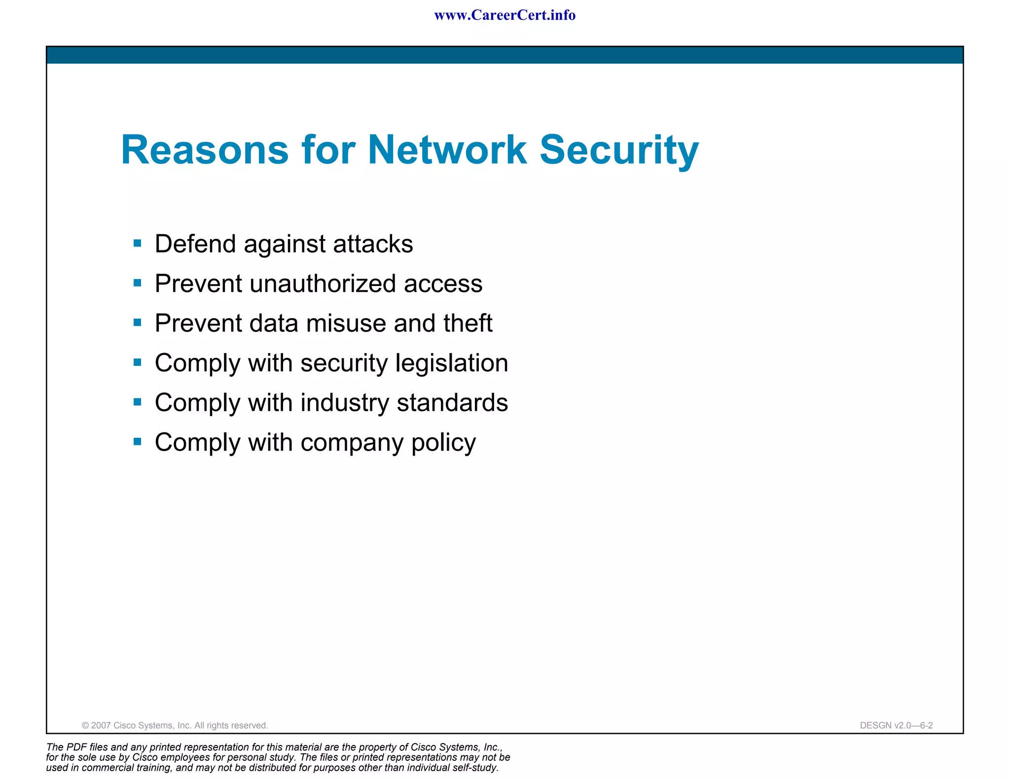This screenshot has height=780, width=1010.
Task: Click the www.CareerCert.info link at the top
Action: pyautogui.click(x=505, y=15)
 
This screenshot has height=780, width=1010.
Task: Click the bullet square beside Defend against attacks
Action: pyautogui.click(x=138, y=243)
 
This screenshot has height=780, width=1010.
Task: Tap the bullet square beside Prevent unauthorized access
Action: pyautogui.click(x=138, y=283)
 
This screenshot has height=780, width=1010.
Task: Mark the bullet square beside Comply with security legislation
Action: pyautogui.click(x=138, y=362)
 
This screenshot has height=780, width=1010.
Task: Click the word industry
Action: pyautogui.click(x=345, y=403)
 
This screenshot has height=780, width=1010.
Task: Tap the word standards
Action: pyautogui.click(x=452, y=403)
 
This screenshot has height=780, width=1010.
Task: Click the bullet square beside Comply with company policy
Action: pyautogui.click(x=138, y=442)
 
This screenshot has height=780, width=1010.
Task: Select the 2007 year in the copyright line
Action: pyautogui.click(x=101, y=725)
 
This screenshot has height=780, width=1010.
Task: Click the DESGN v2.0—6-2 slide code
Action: pyautogui.click(x=896, y=725)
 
